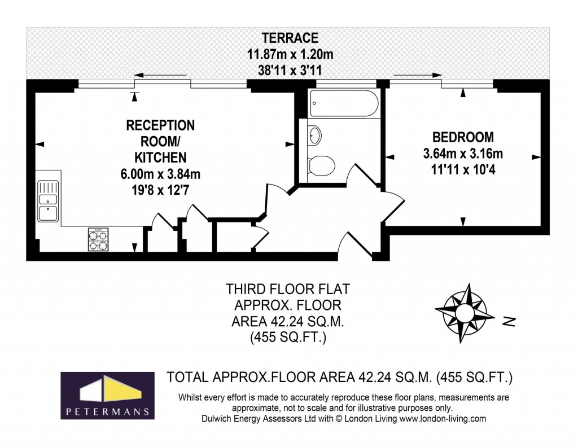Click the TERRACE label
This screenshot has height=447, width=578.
click(290, 38)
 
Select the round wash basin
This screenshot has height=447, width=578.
click(315, 135)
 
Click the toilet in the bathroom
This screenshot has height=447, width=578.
click(322, 165)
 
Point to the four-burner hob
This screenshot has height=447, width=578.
click(98, 240)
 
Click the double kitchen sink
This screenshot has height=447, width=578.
click(48, 201)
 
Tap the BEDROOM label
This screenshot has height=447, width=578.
click(463, 137)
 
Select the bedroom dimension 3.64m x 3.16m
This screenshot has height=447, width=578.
click(463, 154)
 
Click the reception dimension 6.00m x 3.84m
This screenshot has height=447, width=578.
click(160, 174)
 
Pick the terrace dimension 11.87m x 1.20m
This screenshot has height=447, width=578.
click(290, 55)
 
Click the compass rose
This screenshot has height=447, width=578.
click(461, 313)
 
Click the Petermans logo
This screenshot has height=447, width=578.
click(107, 395)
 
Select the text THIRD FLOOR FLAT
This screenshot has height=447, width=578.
click(288, 290)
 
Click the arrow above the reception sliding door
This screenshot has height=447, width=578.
click(157, 75)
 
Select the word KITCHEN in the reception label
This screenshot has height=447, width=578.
click(160, 157)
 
